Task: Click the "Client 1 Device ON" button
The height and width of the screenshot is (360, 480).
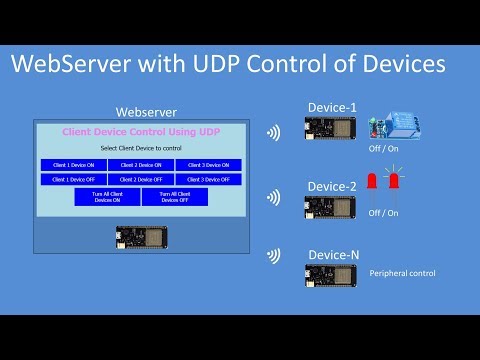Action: pyautogui.click(x=73, y=165)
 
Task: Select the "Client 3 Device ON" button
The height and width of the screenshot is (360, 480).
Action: pyautogui.click(x=208, y=165)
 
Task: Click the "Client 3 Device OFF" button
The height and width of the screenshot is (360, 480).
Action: pyautogui.click(x=208, y=179)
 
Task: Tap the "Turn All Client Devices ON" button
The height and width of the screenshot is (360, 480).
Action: pyautogui.click(x=107, y=197)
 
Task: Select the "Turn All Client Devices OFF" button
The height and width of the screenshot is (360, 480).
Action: pyautogui.click(x=174, y=197)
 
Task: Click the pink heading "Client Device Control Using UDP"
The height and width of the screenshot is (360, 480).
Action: pyautogui.click(x=141, y=131)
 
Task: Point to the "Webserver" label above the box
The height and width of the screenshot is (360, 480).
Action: pyautogui.click(x=147, y=111)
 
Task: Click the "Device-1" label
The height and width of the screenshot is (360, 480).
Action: pyautogui.click(x=333, y=107)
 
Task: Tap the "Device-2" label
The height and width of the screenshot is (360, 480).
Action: pyautogui.click(x=333, y=186)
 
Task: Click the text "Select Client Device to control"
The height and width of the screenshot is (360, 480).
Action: pyautogui.click(x=141, y=148)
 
